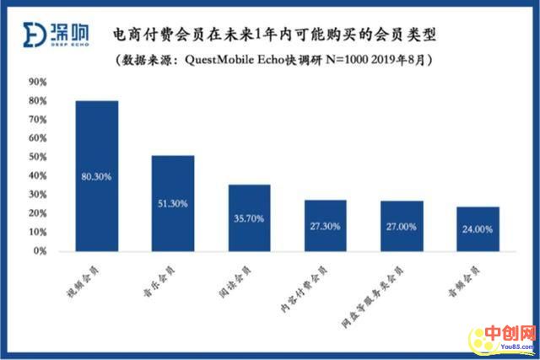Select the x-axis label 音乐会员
159,278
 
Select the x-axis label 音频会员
464,278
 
